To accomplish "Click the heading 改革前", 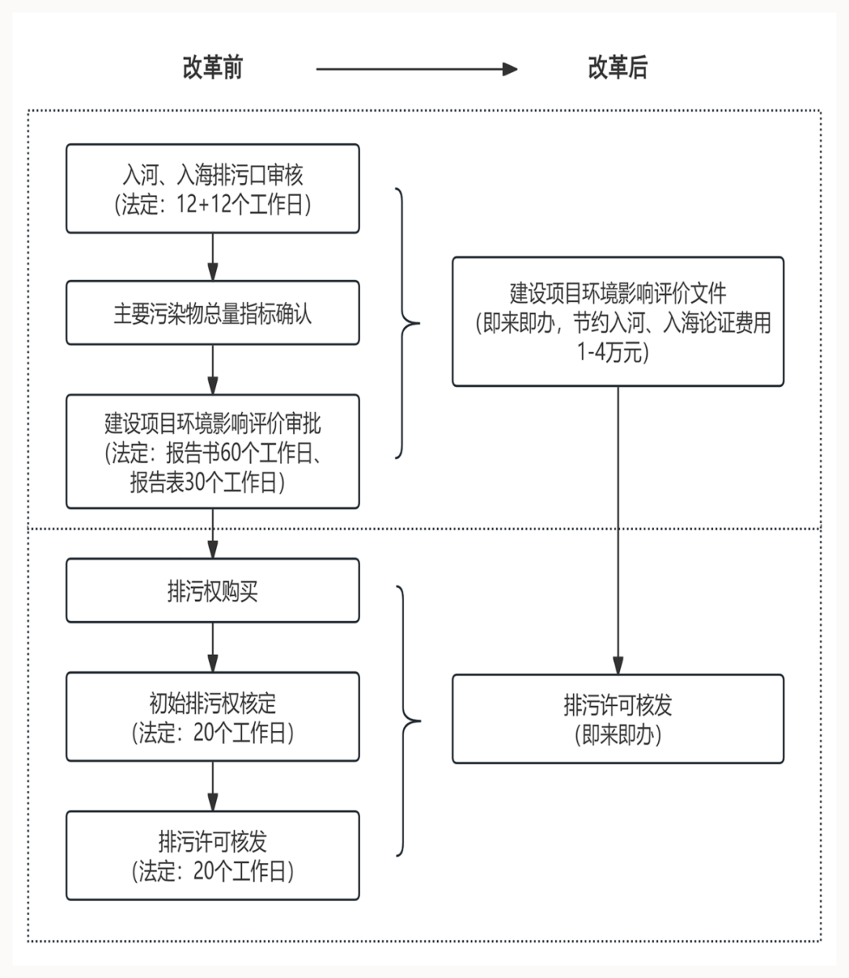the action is point(212,68).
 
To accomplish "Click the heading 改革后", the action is point(618,68).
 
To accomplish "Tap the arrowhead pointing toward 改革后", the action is point(509,69).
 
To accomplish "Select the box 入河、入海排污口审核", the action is point(212,189).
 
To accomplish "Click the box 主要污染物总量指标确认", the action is point(212,313).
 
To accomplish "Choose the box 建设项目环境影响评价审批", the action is point(212,451).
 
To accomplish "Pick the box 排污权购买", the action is point(212,590).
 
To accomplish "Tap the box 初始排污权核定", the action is point(212,716).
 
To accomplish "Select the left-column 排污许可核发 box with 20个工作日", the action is point(212,855).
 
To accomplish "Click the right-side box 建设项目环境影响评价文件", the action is point(618,322).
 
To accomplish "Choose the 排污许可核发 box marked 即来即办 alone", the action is point(618,719).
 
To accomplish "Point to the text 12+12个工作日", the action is point(241,204).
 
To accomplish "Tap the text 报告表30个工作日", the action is point(203,482).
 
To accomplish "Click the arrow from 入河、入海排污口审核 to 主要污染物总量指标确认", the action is point(212,257).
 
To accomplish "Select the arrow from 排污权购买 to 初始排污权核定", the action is point(212,647).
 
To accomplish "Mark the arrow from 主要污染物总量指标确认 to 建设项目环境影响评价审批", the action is point(212,370).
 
